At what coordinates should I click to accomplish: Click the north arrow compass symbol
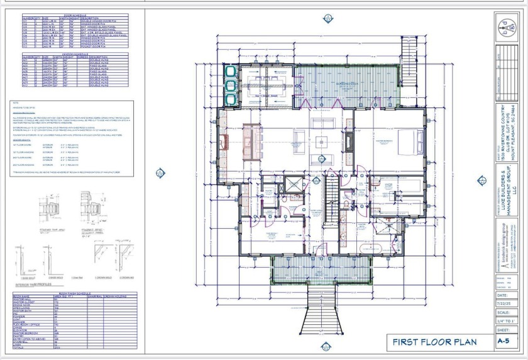pos(507,27)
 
